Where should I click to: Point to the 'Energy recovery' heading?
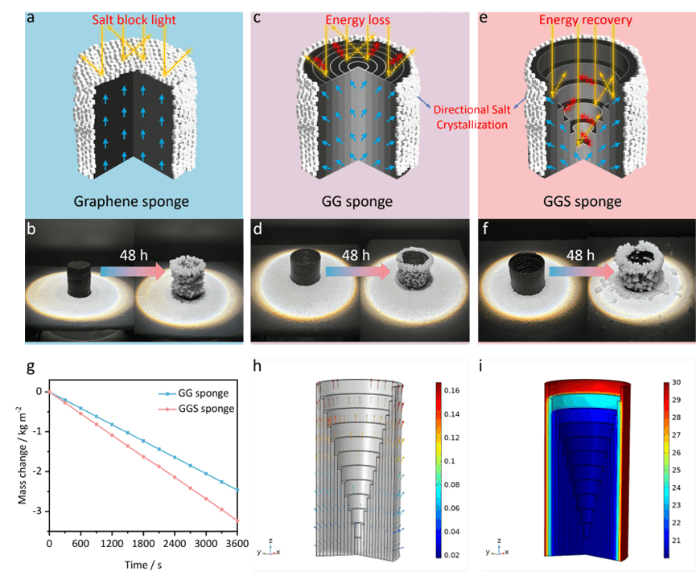585,19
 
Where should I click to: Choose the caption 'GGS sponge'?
585,200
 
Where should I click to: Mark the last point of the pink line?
237,521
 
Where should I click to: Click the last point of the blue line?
237,489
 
